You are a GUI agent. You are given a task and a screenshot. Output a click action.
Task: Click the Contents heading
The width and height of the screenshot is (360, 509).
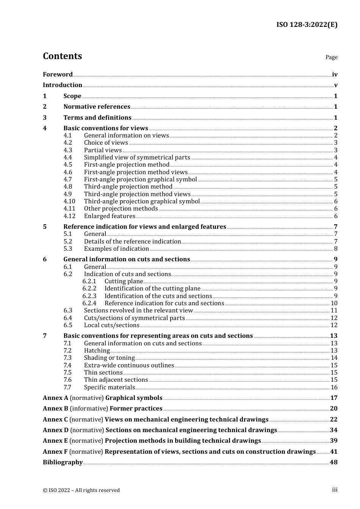click(x=62, y=56)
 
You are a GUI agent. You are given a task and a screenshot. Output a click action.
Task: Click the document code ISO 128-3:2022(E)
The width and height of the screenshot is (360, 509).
click(x=307, y=25)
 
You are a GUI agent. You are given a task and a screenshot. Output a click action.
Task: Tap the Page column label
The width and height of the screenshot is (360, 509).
click(x=331, y=57)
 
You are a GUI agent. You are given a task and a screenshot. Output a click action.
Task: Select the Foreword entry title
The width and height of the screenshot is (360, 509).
click(x=58, y=74)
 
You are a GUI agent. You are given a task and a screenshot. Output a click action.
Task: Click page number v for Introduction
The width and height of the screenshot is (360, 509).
click(x=335, y=85)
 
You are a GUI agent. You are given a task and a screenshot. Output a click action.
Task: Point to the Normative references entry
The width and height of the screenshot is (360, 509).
click(x=97, y=107)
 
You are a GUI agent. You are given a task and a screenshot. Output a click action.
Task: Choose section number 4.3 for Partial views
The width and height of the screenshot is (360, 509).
click(x=67, y=150)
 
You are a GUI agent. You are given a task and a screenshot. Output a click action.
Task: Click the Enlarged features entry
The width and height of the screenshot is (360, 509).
click(x=110, y=216)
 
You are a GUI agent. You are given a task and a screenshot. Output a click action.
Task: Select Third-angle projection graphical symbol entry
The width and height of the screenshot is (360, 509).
click(x=142, y=201)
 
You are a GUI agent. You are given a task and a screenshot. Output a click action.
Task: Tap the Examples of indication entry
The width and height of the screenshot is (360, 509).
click(x=116, y=249)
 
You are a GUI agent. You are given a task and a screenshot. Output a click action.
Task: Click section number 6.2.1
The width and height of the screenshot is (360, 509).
click(x=89, y=281)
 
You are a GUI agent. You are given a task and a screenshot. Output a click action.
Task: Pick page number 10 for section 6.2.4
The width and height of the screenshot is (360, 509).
click(x=334, y=303)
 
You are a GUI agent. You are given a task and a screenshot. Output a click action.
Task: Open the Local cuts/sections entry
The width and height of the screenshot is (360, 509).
click(x=112, y=325)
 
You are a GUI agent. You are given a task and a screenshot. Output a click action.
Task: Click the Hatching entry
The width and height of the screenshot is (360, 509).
click(x=97, y=351)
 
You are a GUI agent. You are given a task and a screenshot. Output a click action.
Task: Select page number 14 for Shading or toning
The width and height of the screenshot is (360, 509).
click(x=334, y=358)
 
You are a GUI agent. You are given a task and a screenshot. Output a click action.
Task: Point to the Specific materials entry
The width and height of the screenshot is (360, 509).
click(x=110, y=387)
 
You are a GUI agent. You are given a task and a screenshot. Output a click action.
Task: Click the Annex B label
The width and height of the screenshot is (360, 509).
click(x=55, y=409)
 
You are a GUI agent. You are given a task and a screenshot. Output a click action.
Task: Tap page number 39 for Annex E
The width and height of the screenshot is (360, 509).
click(x=333, y=441)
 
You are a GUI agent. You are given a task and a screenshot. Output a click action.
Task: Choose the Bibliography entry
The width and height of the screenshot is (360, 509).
click(x=63, y=462)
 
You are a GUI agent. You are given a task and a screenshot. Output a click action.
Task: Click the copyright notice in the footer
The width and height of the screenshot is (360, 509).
click(x=81, y=490)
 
